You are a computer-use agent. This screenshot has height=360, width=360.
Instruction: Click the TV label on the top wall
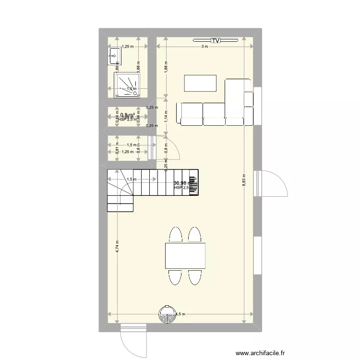pos(216,41)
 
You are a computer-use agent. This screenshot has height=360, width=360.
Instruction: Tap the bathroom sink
pos(114,56)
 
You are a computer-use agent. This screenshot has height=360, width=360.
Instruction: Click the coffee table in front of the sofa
pos(200,83)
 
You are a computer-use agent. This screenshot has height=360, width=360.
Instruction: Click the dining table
pos(185,256)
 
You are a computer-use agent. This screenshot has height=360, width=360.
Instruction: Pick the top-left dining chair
pos(175,235)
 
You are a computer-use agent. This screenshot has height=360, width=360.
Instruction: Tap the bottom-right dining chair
pos(194,276)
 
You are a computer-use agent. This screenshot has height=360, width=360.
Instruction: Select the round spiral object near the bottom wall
pos(168,315)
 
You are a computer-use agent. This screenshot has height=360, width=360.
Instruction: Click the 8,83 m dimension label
pos(244,180)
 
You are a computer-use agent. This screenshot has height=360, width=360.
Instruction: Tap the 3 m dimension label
pos(204,47)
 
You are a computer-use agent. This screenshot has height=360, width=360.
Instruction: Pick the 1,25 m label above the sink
pos(127,47)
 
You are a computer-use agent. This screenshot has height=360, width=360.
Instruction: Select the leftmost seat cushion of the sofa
pos(191,114)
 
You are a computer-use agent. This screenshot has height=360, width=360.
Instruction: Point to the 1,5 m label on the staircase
pos(131,180)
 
